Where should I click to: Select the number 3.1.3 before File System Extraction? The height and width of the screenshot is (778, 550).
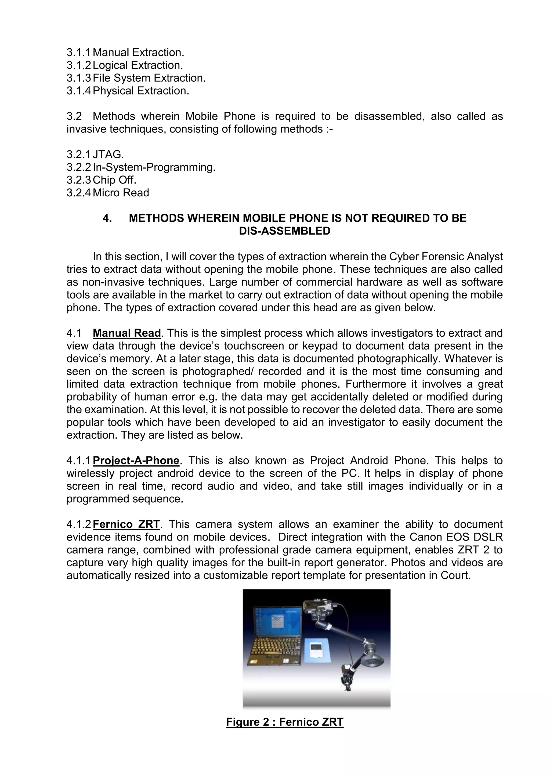coord(79,78)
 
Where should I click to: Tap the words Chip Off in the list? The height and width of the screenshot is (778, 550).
coord(114,180)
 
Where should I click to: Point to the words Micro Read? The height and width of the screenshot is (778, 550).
coord(121,193)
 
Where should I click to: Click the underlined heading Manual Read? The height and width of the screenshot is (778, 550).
coord(127,333)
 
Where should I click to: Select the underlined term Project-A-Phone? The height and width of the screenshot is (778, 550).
coord(136,460)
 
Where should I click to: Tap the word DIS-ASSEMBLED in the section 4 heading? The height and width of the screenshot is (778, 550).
coord(284,231)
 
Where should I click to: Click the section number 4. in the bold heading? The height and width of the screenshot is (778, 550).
coord(107,218)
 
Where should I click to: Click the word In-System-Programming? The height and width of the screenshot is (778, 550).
coord(154,167)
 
